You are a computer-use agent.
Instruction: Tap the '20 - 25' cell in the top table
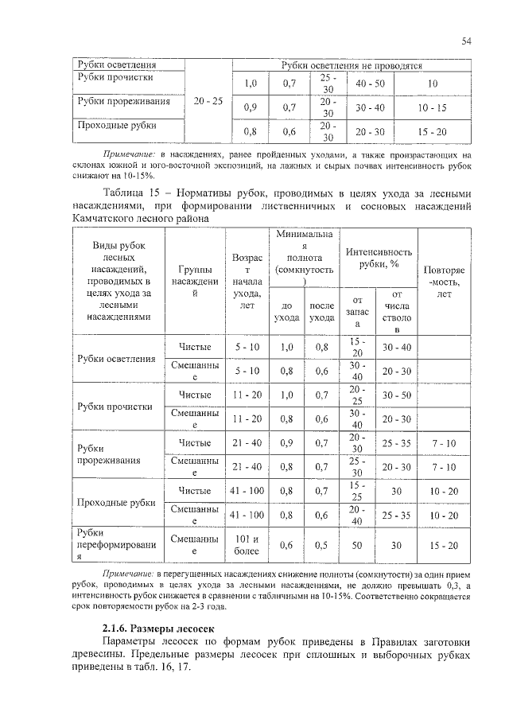point(208,102)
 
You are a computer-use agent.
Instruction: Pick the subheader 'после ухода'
point(321,311)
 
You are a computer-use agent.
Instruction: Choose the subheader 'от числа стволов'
point(396,312)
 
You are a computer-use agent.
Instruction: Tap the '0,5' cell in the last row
point(321,546)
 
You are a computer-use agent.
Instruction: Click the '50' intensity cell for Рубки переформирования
point(357,546)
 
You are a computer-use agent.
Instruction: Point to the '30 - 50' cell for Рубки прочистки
point(396,395)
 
